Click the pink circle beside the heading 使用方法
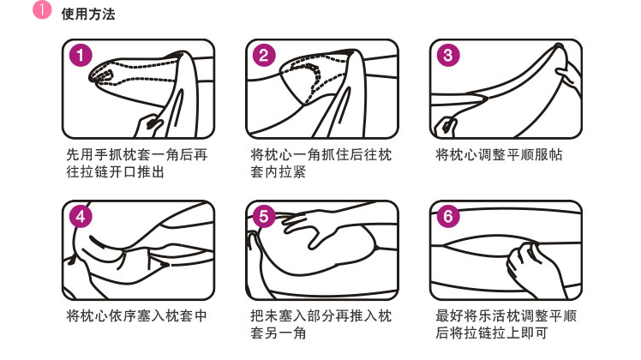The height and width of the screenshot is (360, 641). click(42, 9)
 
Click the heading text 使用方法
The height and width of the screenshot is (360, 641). click(88, 15)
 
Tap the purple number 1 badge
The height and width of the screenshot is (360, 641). click(81, 55)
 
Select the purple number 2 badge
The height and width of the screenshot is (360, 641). click(264, 55)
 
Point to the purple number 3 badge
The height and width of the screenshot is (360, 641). click(448, 55)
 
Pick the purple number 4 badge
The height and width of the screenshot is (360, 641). click(81, 216)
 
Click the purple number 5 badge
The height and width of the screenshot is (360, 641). click(264, 216)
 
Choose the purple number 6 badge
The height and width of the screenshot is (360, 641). click(448, 216)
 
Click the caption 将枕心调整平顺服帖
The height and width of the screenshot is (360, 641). click(499, 155)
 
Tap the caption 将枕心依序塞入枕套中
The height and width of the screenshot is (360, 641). click(136, 315)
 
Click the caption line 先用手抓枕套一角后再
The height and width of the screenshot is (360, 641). click(136, 155)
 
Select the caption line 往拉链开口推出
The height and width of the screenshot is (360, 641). click(116, 171)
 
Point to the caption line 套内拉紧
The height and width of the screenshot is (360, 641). click(278, 171)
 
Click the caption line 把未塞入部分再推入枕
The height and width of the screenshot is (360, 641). click(320, 315)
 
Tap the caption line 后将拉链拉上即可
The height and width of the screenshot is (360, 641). click(491, 333)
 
